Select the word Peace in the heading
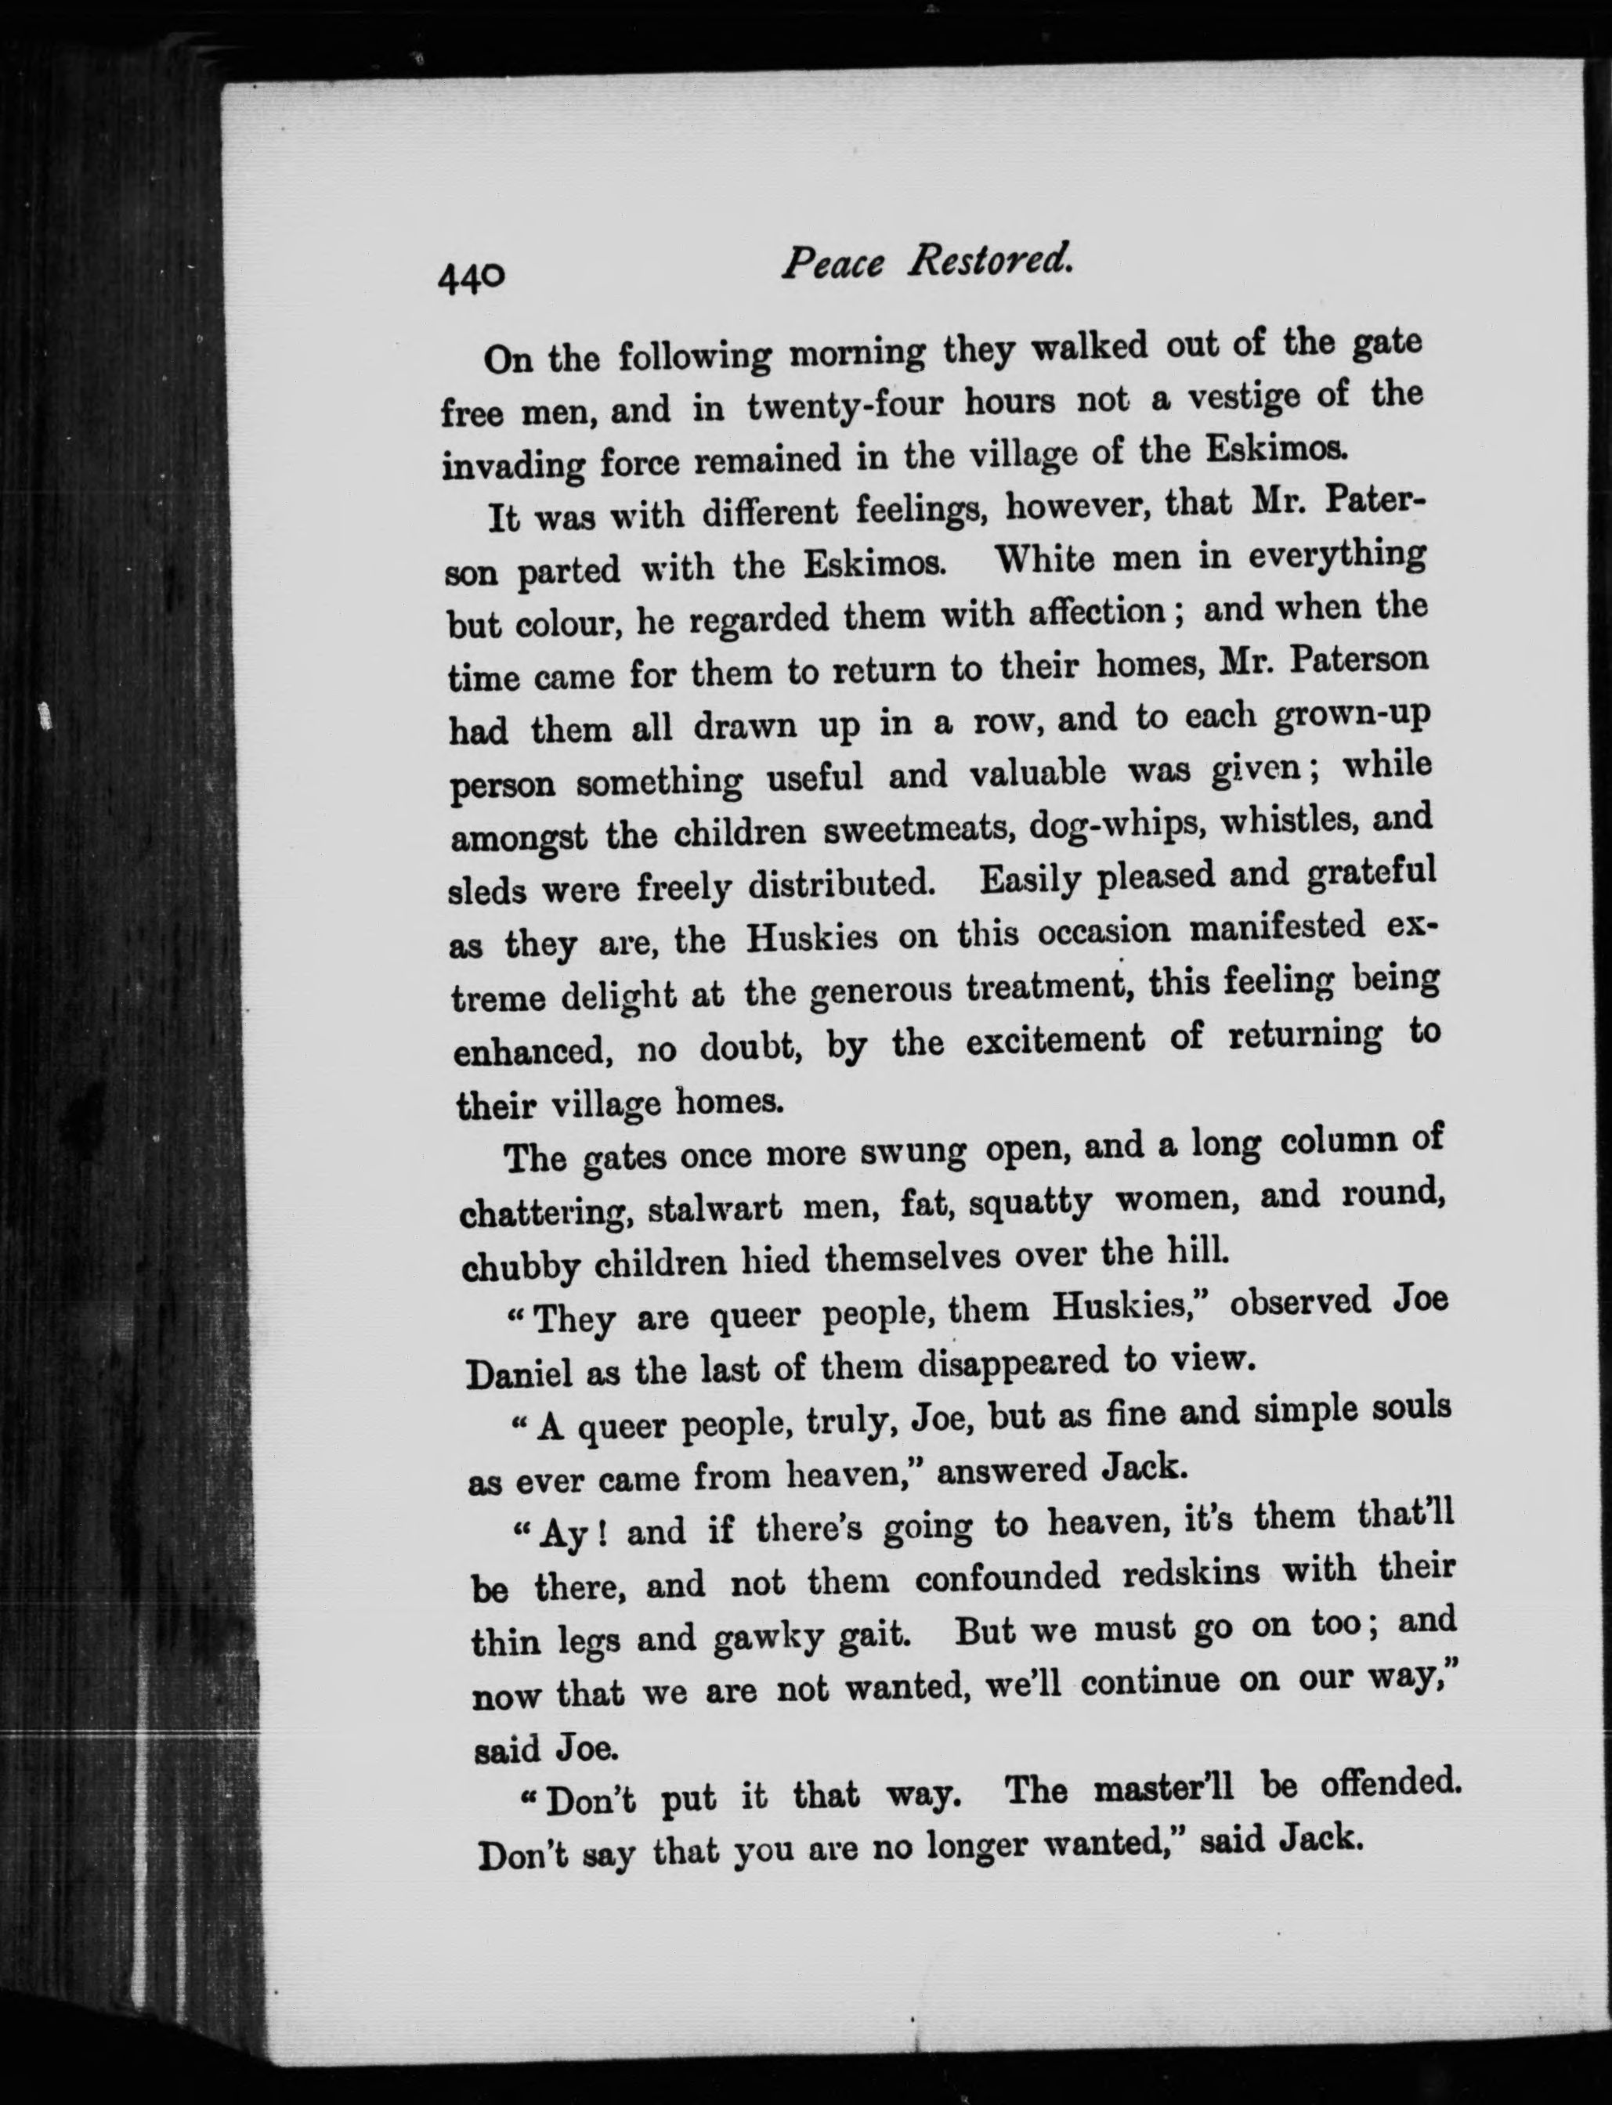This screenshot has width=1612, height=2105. tap(831, 262)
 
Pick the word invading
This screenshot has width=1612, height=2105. tap(512, 466)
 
